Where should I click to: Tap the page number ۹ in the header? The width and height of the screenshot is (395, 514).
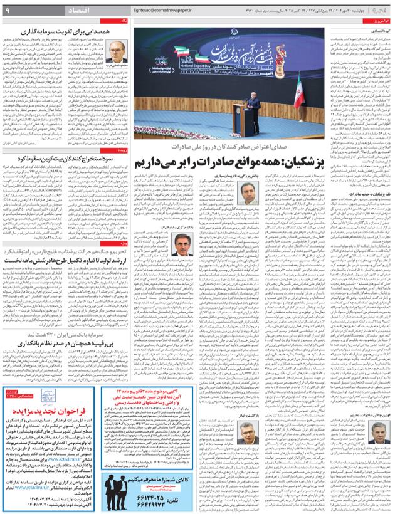[x=7, y=10]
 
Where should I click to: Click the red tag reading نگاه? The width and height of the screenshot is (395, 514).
[x=125, y=21]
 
